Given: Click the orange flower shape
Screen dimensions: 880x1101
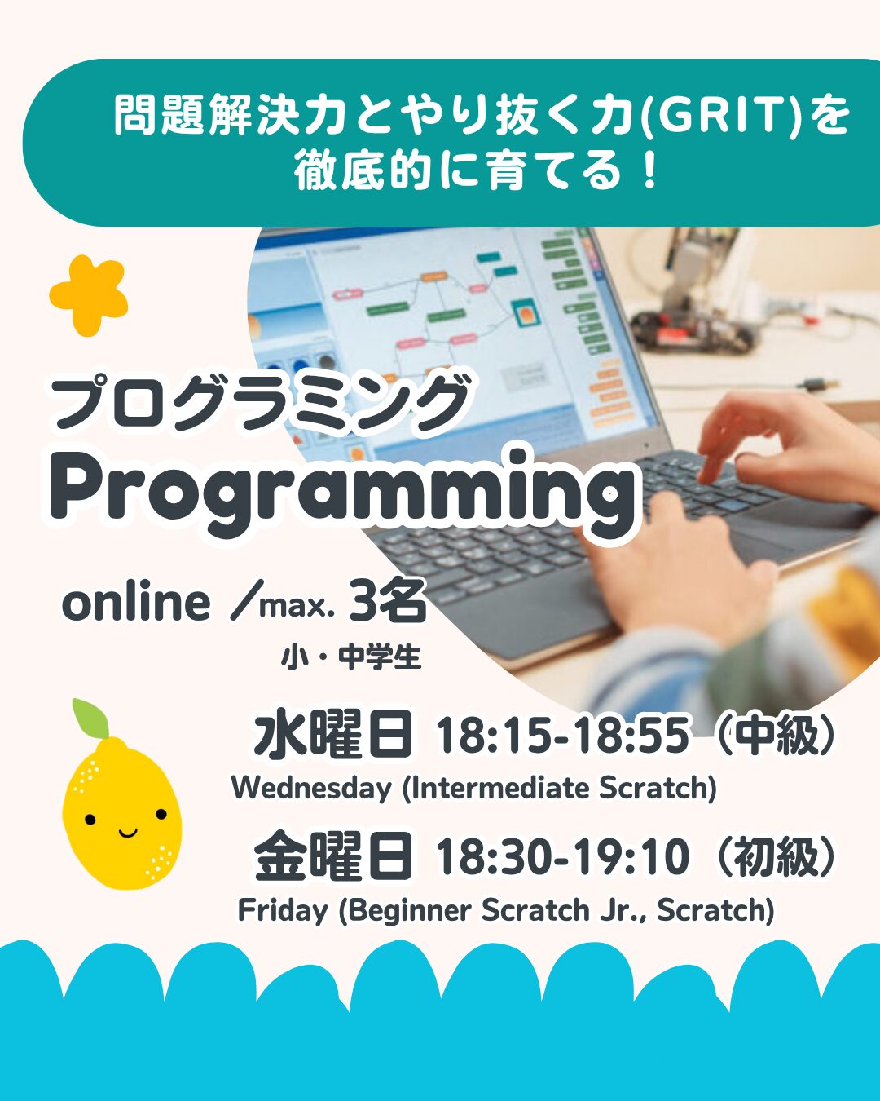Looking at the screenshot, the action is tap(89, 296).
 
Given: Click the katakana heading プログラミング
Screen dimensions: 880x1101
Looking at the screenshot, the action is tap(260, 401).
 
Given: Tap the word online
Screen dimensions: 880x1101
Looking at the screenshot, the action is tap(136, 604).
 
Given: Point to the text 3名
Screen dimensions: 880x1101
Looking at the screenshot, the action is tap(388, 601).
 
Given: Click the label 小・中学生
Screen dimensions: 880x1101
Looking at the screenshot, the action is tap(350, 658).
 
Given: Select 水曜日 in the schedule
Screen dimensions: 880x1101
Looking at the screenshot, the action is tap(333, 736).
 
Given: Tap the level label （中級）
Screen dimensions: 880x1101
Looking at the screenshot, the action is tap(778, 736).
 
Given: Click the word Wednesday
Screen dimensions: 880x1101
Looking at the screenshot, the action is tap(311, 788).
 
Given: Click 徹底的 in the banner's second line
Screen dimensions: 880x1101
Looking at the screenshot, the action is tap(360, 171).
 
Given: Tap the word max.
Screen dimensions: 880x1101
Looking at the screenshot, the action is tap(297, 607).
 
